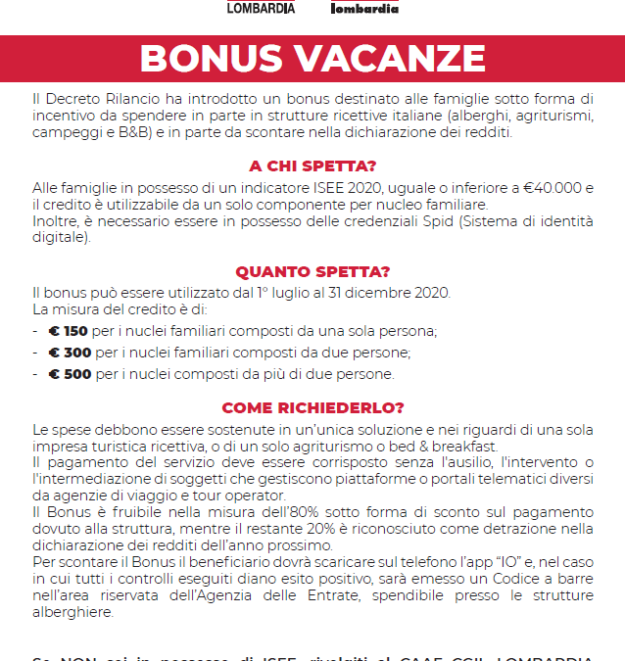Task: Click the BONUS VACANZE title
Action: coord(312,58)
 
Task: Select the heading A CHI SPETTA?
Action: coord(312,166)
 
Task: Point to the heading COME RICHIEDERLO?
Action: coord(312,408)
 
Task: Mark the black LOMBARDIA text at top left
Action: coord(261,8)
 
